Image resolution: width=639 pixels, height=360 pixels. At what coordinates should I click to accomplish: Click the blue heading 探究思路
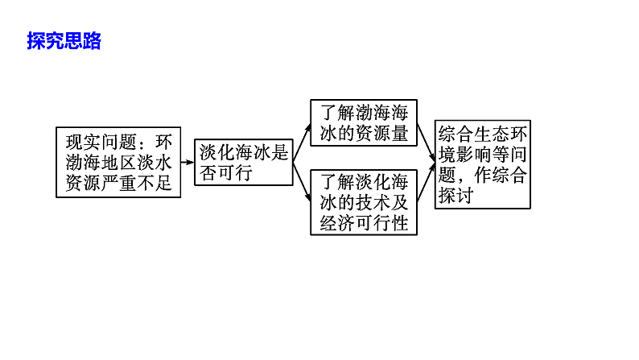64,41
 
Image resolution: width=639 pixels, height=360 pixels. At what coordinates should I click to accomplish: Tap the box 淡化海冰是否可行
244,162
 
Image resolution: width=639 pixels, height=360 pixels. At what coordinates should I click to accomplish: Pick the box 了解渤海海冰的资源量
365,123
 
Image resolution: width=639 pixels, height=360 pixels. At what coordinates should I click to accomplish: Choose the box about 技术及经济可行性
365,201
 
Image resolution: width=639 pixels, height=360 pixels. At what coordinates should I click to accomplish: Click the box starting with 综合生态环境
482,164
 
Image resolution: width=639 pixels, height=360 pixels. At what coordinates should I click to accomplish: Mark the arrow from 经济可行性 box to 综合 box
427,182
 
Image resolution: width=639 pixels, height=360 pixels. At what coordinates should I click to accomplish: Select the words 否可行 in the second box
225,172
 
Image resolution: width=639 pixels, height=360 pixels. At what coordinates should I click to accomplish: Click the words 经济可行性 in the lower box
365,223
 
